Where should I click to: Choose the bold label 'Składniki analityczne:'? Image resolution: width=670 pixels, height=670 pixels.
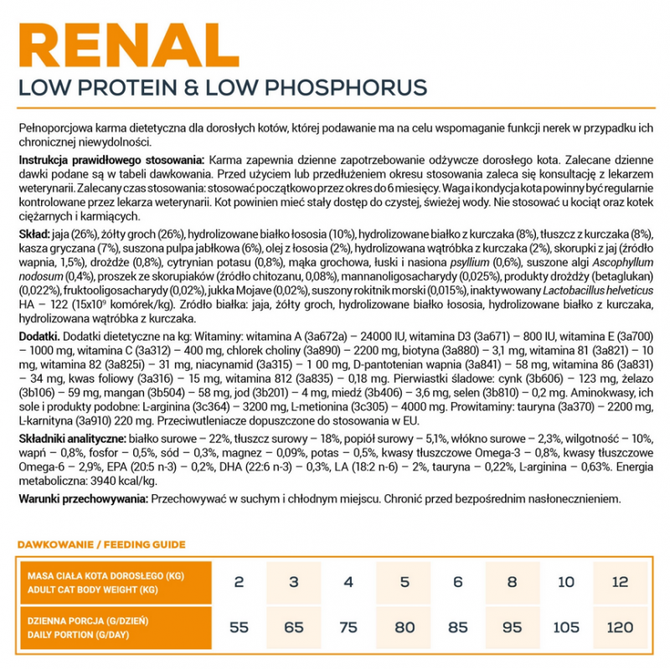[72, 439]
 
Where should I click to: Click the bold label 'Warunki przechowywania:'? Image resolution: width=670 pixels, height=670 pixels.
[81, 498]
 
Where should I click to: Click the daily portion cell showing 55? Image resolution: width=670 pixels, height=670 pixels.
[240, 627]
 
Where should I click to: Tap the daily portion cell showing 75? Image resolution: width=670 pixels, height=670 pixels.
[348, 627]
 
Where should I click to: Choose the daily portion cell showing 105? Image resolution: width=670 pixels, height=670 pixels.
[567, 627]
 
